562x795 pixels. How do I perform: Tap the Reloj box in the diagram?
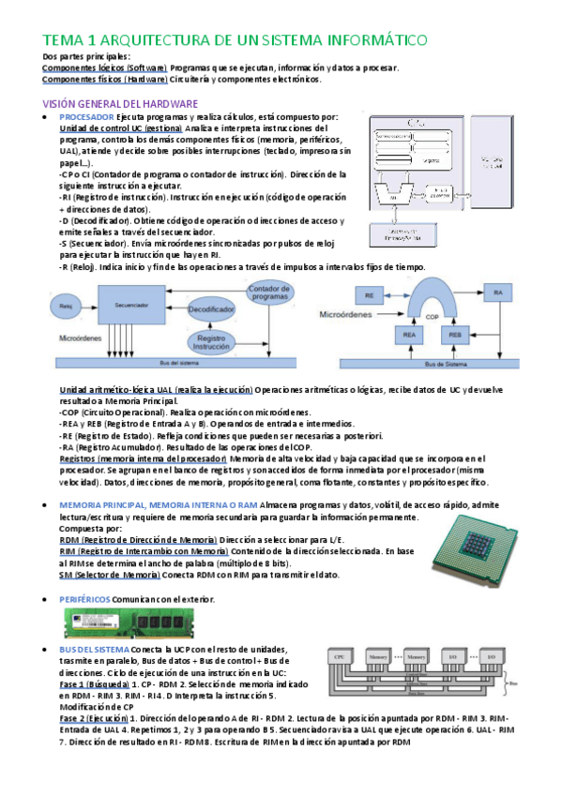[66, 306]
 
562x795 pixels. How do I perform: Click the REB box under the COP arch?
[457, 335]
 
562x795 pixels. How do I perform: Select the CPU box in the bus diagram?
[341, 660]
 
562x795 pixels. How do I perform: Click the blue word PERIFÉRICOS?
[91, 598]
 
